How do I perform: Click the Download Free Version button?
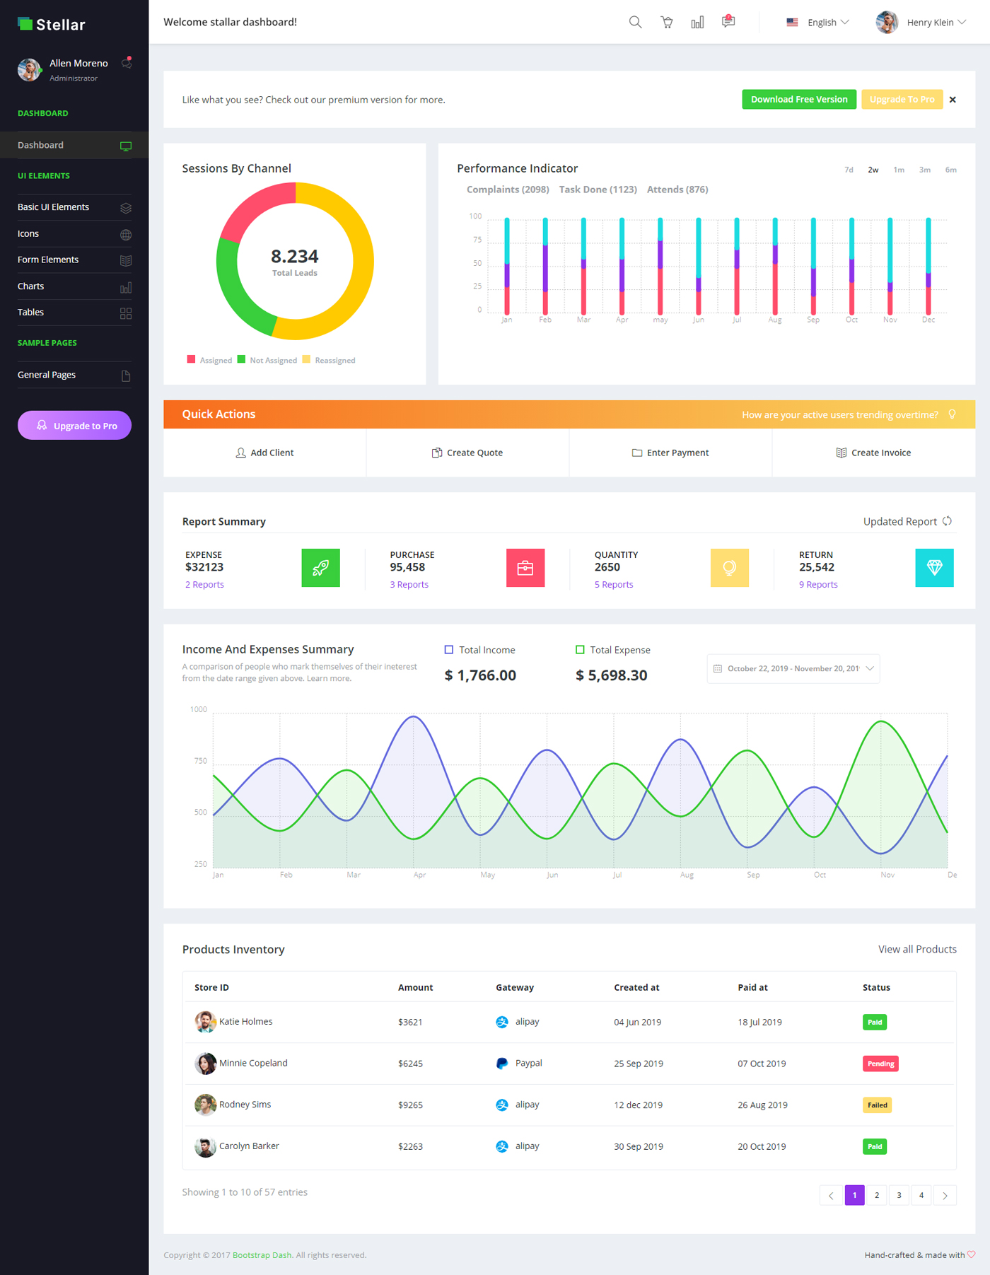point(798,100)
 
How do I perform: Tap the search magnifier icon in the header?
point(635,23)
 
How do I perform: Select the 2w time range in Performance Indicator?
point(873,170)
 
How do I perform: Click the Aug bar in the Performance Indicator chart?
point(775,269)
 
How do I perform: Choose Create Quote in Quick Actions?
point(467,453)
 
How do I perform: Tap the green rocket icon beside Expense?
point(320,568)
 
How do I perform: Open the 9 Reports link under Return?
point(818,585)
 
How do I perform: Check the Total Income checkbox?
point(448,650)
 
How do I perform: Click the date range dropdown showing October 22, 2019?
point(793,669)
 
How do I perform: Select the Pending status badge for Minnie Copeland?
point(880,1064)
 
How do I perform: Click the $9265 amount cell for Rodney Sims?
point(410,1105)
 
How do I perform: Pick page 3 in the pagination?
point(899,1195)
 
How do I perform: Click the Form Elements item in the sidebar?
point(48,260)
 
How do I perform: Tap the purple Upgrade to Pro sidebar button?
point(74,426)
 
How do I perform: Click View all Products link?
point(916,950)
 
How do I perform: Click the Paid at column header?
point(752,988)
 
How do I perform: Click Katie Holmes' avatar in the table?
point(205,1022)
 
